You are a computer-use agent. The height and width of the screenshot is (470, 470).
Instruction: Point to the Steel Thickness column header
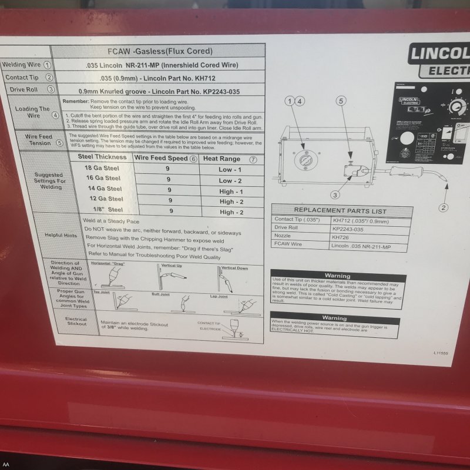[x=102, y=157]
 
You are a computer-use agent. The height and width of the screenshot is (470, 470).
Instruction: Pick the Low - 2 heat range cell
[x=230, y=181]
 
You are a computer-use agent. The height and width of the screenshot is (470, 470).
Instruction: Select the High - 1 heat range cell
[x=231, y=192]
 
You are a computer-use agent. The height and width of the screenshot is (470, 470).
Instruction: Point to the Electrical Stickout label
[x=76, y=322]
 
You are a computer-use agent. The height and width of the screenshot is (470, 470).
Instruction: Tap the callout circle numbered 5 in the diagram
[x=340, y=100]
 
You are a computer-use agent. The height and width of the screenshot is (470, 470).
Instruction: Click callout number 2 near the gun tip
[x=443, y=207]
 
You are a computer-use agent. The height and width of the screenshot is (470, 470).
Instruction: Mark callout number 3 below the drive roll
[x=335, y=194]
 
